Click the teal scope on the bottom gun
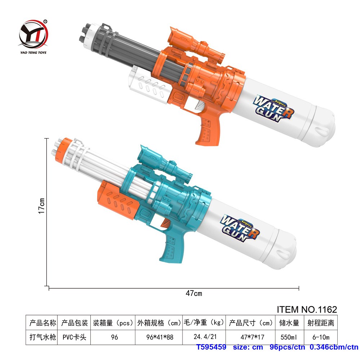165,164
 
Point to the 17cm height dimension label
41,206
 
